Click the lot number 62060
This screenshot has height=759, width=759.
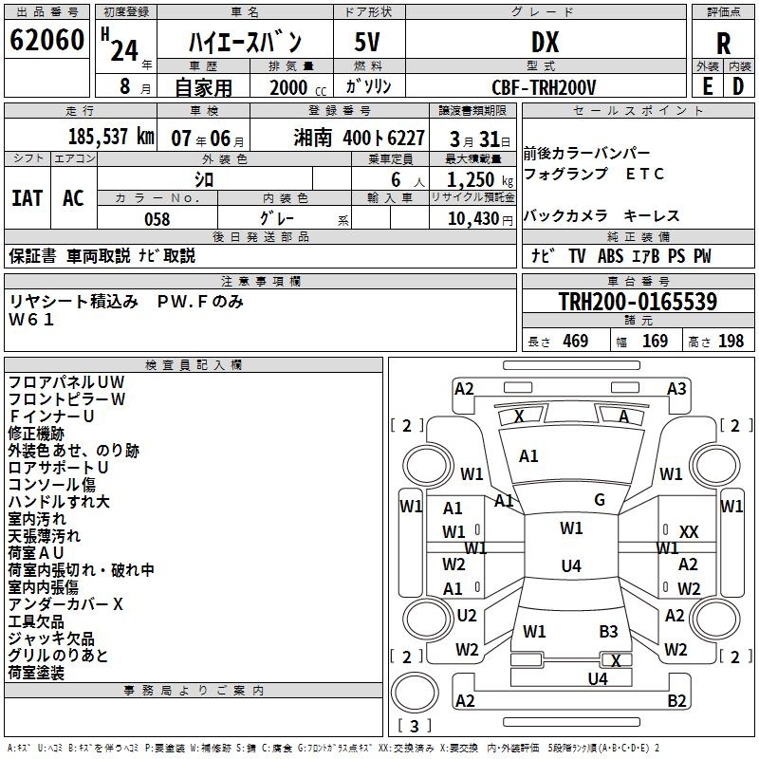click(46, 41)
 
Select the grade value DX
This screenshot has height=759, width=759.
click(545, 42)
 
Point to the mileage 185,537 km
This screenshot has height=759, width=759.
click(111, 137)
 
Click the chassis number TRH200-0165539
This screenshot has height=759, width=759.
click(638, 303)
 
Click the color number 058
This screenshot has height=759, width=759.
click(157, 219)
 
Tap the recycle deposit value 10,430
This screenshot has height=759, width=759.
click(471, 219)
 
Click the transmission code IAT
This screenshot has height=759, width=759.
click(27, 198)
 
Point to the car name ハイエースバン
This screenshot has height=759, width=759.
click(246, 43)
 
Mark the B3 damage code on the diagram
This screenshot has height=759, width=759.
click(608, 631)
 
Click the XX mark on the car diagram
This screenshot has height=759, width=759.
click(689, 532)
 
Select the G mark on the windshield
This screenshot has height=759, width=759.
click(600, 500)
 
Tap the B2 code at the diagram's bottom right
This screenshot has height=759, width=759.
click(676, 701)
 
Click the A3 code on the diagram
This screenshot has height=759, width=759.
click(676, 388)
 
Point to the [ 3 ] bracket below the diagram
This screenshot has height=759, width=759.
click(415, 726)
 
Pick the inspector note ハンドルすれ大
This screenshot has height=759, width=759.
click(59, 501)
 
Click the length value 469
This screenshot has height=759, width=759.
click(575, 342)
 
